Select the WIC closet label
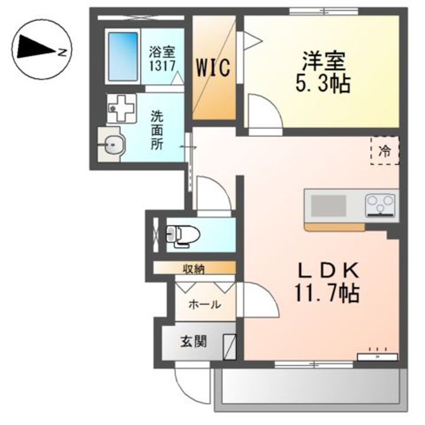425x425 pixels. (x=214, y=67)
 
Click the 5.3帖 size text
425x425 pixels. (x=323, y=83)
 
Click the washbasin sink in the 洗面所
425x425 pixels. (x=112, y=143)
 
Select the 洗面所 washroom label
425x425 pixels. (x=157, y=129)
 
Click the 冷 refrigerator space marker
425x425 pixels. (x=384, y=151)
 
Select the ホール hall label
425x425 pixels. (x=204, y=305)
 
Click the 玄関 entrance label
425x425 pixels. (x=193, y=342)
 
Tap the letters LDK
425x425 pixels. (x=328, y=271)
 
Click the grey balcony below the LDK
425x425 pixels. (x=310, y=390)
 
